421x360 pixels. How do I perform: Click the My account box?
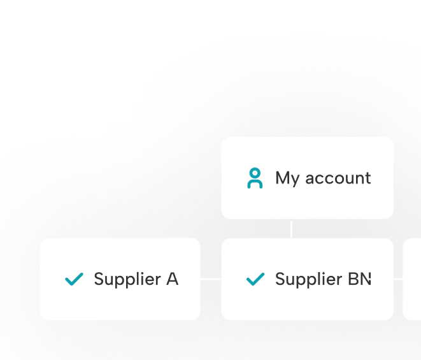pos(307,178)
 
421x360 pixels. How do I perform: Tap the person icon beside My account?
pos(255,178)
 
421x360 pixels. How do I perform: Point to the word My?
pos(287,178)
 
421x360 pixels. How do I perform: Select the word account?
pos(338,178)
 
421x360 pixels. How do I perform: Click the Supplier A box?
pos(120,279)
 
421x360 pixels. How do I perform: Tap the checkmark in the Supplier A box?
pos(75,279)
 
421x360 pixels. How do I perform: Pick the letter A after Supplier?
pos(172,279)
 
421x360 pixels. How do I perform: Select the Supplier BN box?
pos(307,279)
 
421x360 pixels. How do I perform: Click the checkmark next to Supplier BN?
pos(255,279)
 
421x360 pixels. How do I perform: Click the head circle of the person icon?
pos(255,173)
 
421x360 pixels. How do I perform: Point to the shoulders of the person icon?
pos(255,184)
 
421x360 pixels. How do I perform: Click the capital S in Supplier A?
pos(99,279)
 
